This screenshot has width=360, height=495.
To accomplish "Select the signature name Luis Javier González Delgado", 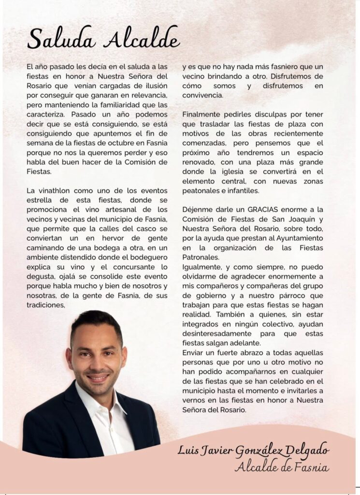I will point(254,451).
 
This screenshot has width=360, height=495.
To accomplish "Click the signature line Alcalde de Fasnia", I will point(282,467).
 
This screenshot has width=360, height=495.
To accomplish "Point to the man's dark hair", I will point(97,322).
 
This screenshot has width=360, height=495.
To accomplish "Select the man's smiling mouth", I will point(98,377).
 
